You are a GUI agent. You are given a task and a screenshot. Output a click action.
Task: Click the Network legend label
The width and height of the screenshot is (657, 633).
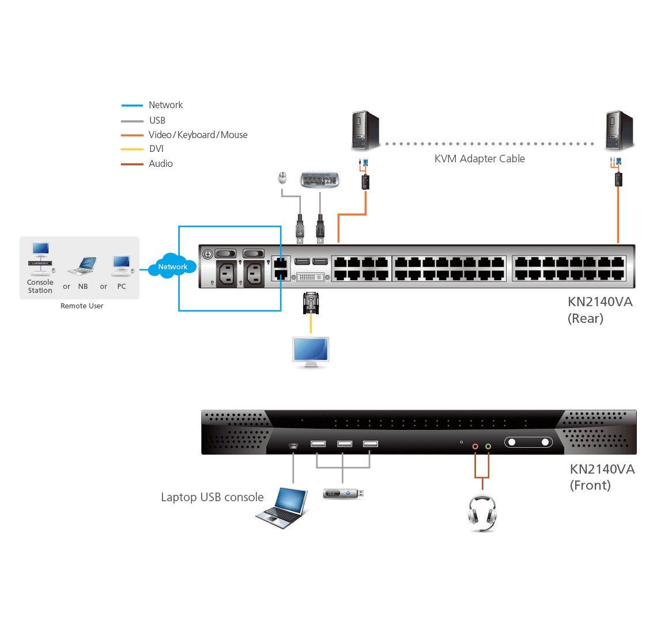click(x=165, y=105)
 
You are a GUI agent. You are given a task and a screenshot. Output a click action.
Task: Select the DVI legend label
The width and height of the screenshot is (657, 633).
click(x=156, y=148)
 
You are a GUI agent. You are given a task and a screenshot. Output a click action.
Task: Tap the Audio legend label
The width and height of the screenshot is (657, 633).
click(x=160, y=163)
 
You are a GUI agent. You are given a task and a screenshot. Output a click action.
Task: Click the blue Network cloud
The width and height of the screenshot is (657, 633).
click(x=172, y=266)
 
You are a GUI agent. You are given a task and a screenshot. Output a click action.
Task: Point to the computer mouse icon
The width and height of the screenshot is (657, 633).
click(x=282, y=178)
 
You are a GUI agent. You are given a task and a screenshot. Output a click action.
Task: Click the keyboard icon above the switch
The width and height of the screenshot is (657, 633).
click(x=320, y=180)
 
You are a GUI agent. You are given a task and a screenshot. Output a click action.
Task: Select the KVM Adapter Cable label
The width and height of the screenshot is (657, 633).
click(x=479, y=159)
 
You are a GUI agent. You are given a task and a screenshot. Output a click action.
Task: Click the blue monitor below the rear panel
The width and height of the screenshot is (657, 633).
click(x=311, y=352)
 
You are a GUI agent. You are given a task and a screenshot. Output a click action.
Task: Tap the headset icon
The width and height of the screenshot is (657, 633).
click(x=482, y=512)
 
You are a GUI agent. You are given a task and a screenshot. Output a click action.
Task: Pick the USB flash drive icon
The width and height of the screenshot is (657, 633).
click(x=343, y=494)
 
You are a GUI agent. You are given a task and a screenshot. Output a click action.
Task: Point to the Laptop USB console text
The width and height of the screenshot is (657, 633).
click(x=212, y=497)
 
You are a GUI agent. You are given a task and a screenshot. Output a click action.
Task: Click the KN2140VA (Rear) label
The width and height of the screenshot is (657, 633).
click(x=599, y=310)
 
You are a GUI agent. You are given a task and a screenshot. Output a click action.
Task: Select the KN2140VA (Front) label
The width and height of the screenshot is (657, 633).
click(x=602, y=477)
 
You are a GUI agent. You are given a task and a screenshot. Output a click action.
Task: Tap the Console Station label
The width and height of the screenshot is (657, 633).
click(x=40, y=286)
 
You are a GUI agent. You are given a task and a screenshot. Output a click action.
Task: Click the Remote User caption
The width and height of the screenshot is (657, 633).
click(x=82, y=306)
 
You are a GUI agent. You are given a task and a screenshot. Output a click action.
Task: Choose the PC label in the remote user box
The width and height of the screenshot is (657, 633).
click(x=121, y=286)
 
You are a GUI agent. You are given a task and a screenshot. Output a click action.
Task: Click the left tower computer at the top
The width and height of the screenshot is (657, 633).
click(x=365, y=131)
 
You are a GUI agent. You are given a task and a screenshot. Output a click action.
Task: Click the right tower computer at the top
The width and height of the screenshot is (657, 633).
click(x=620, y=131)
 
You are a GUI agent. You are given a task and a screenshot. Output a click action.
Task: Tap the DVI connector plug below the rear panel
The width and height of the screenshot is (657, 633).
click(x=311, y=303)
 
